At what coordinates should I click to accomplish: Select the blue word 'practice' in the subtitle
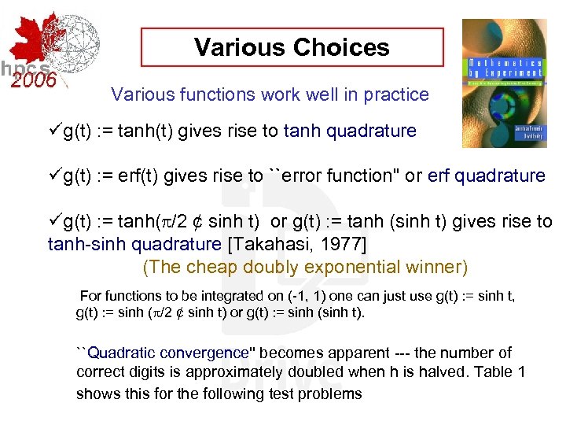[396, 95]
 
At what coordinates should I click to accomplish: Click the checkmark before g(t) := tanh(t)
[55, 131]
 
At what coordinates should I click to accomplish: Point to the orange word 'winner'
[434, 267]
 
